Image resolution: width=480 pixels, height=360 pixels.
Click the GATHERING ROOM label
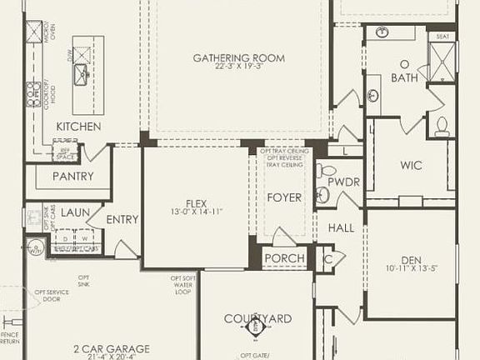click(239, 58)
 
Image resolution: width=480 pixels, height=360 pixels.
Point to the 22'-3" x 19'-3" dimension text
click(239, 67)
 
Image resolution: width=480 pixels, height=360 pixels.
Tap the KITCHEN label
click(78, 127)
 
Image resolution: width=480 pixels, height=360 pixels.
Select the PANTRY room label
click(72, 177)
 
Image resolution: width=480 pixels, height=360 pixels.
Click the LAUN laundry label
click(75, 213)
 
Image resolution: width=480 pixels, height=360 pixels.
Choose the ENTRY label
click(122, 220)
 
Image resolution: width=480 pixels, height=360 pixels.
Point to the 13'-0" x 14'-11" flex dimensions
click(197, 212)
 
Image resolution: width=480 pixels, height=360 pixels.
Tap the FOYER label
click(283, 197)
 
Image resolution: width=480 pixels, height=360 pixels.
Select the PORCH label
click(284, 258)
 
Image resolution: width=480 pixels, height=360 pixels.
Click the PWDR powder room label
click(342, 182)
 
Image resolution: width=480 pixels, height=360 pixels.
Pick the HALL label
click(341, 227)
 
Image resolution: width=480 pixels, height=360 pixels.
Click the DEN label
click(409, 259)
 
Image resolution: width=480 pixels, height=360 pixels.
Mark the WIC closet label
click(412, 165)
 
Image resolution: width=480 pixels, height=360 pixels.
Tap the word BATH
click(404, 78)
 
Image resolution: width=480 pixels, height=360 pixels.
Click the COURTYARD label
click(257, 318)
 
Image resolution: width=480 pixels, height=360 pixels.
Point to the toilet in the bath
click(442, 126)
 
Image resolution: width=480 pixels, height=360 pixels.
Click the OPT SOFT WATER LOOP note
click(183, 285)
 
